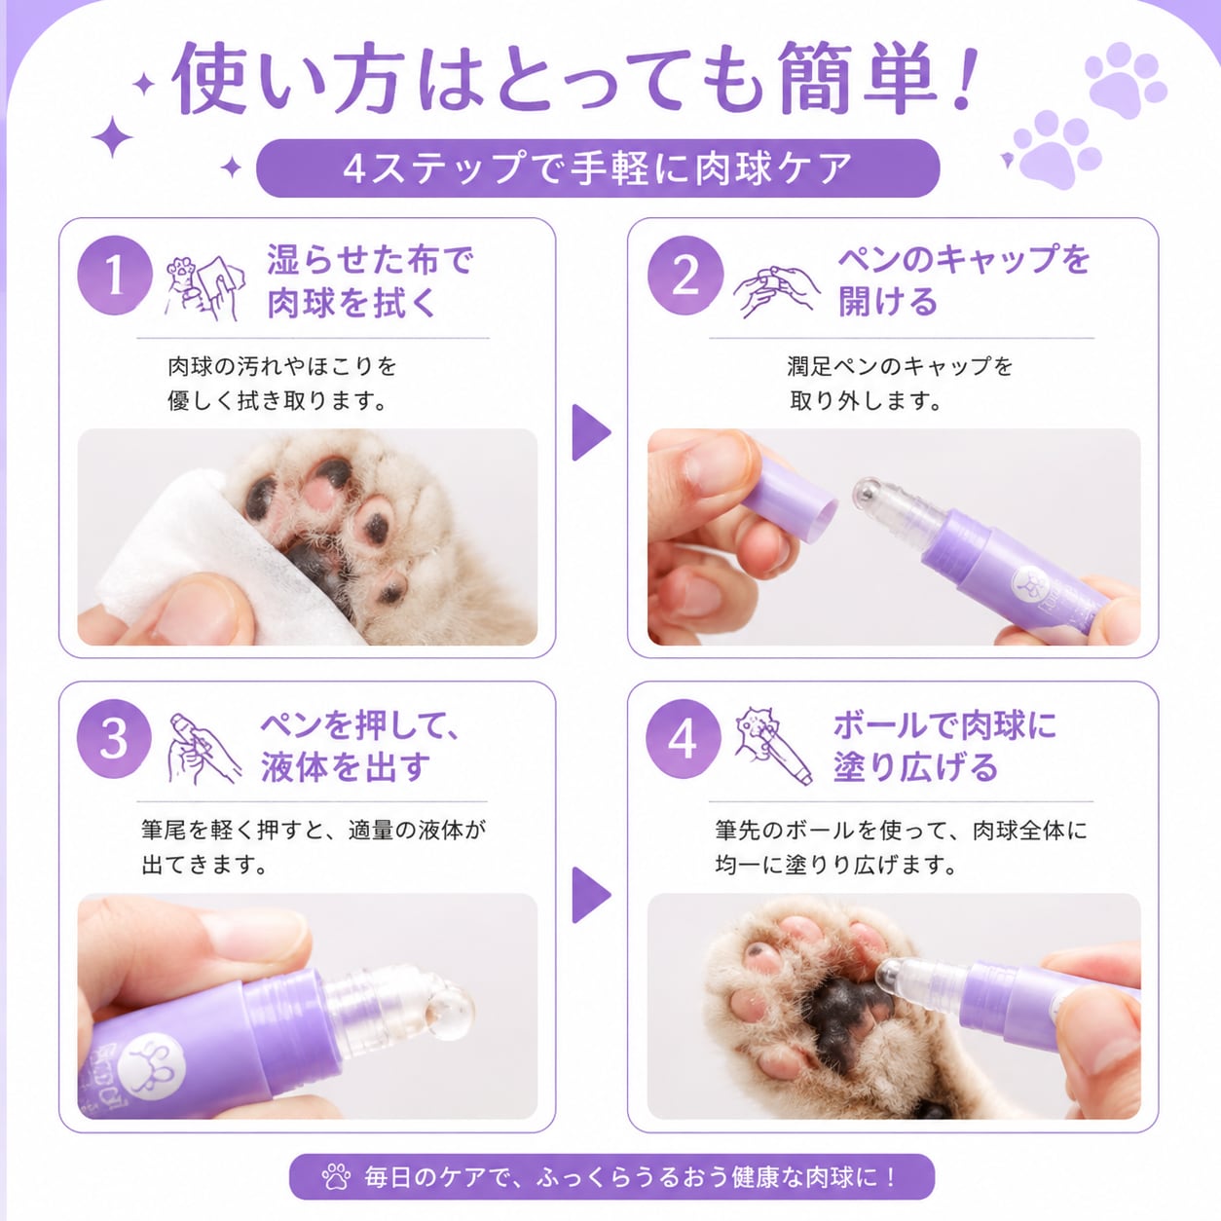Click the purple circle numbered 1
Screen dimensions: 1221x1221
pyautogui.click(x=115, y=276)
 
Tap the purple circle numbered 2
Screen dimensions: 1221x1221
pyautogui.click(x=685, y=276)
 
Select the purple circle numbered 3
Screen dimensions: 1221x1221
pyautogui.click(x=115, y=739)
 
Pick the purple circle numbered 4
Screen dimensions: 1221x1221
pyautogui.click(x=684, y=739)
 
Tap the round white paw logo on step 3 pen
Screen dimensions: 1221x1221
pyautogui.click(x=162, y=1063)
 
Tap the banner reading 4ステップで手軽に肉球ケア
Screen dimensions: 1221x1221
pyautogui.click(x=598, y=168)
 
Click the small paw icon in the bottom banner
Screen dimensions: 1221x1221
pyautogui.click(x=336, y=1177)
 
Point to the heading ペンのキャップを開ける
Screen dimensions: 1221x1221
pyautogui.click(x=963, y=280)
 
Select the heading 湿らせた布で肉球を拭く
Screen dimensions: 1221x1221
pyautogui.click(x=370, y=281)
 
